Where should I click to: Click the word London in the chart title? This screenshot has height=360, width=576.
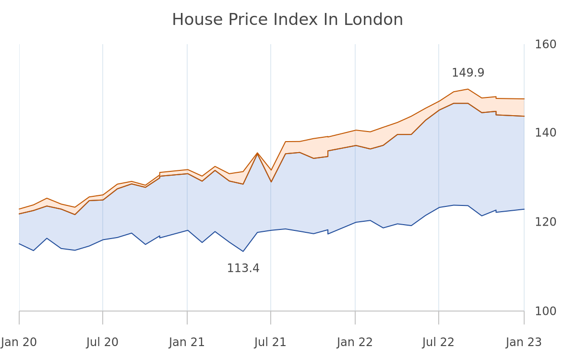pos(373,20)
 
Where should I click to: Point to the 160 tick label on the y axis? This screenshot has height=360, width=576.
pos(545,45)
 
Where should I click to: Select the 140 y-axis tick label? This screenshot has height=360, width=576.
pos(545,132)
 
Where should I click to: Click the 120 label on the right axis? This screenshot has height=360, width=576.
pos(545,222)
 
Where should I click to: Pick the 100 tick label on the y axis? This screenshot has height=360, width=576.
pos(545,311)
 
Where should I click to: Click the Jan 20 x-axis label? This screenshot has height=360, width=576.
pos(19,343)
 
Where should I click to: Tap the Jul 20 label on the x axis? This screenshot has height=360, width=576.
pos(102,343)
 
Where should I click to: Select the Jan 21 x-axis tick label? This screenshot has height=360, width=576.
pos(187,343)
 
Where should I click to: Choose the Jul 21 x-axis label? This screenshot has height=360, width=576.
pos(270,343)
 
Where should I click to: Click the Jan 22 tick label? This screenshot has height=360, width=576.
pos(355,343)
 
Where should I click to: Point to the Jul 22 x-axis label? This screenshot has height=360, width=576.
pos(438,343)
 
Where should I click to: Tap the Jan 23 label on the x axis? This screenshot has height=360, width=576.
pos(524,343)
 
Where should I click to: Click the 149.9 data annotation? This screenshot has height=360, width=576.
pos(468,73)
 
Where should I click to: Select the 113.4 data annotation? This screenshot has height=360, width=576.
pos(243,268)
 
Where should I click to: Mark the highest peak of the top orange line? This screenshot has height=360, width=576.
pos(468,89)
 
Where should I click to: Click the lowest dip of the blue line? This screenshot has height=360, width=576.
pos(243,251)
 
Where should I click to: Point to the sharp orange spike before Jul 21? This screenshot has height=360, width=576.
pos(257,153)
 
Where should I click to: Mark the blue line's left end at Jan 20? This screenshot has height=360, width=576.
pos(19,244)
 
